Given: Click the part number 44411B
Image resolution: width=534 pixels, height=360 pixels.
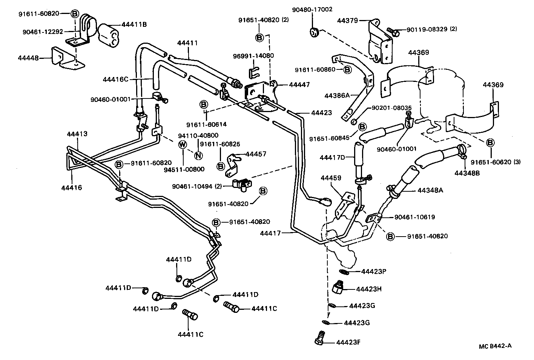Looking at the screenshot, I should (134, 25).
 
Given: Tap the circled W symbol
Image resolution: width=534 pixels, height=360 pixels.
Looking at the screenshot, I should (182, 144).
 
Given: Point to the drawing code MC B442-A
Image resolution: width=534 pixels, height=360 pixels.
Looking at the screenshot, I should (496, 346).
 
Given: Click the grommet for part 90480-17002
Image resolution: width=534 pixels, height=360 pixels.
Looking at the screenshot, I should (314, 32).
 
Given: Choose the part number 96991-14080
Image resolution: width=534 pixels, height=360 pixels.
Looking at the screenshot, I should (253, 56).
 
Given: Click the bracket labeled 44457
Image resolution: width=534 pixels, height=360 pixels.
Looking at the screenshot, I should (234, 166).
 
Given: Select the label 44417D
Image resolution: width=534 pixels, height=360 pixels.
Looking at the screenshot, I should (332, 157).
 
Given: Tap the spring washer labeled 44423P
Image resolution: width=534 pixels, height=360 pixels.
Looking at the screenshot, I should (344, 272).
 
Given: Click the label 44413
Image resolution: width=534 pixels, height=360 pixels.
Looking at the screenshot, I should (77, 134).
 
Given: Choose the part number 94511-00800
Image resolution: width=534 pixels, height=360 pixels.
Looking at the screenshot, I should (184, 169).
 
